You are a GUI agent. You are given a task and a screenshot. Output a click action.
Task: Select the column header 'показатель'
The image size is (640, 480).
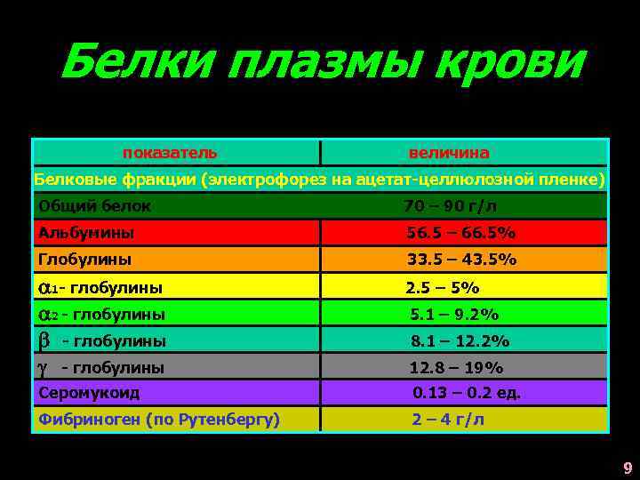click(169, 153)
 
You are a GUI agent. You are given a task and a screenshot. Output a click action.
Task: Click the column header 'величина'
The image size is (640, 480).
click(449, 153)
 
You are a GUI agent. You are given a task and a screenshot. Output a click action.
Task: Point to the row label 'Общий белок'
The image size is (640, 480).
click(94, 206)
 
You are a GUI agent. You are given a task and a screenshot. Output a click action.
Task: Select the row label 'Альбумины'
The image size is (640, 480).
click(86, 233)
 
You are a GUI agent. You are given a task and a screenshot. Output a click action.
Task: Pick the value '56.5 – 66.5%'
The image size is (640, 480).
click(461, 233)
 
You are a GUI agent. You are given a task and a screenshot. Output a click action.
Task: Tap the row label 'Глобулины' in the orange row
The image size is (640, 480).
click(84, 260)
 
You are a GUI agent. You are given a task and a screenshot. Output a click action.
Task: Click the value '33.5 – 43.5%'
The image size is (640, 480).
click(461, 260)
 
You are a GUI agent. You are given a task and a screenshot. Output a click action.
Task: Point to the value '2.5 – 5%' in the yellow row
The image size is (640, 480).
click(442, 287)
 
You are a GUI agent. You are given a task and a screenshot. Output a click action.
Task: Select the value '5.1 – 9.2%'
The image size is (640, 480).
click(453, 314)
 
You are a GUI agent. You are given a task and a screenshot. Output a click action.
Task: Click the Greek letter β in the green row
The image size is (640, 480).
click(43, 340)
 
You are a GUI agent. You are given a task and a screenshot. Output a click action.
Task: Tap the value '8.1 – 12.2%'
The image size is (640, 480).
click(460, 340)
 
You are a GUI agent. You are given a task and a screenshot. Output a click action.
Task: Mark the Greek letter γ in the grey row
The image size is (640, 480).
click(42, 367)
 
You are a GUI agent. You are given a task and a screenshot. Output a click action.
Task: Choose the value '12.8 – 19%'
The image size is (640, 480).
click(456, 367)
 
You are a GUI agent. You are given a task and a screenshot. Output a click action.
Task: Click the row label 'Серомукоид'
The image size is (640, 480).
click(88, 392)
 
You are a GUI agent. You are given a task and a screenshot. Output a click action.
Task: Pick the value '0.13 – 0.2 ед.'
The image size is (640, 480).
click(467, 392)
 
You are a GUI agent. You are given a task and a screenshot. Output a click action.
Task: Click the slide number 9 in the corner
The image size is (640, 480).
click(628, 468)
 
